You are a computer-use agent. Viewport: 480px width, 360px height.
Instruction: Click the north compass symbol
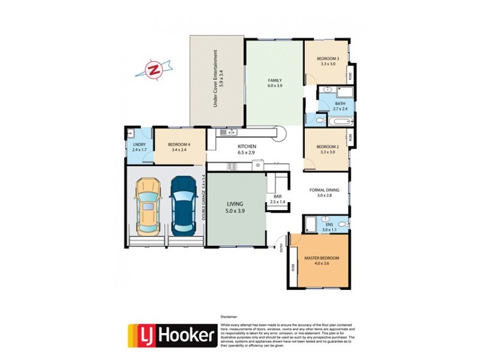coord(155,69)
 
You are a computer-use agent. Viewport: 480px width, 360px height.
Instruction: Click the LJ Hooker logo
coord(172,336)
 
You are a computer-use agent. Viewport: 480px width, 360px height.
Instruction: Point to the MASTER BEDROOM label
coord(322,261)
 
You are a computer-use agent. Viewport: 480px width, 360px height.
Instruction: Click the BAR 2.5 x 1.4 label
coord(277,199)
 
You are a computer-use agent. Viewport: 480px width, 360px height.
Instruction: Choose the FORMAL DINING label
coord(324,193)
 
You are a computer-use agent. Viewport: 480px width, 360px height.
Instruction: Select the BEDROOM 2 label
coord(328,149)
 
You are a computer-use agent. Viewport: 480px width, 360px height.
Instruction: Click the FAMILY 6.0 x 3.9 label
coord(275,83)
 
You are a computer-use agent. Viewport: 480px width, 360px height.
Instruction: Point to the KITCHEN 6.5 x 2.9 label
coord(247,149)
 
